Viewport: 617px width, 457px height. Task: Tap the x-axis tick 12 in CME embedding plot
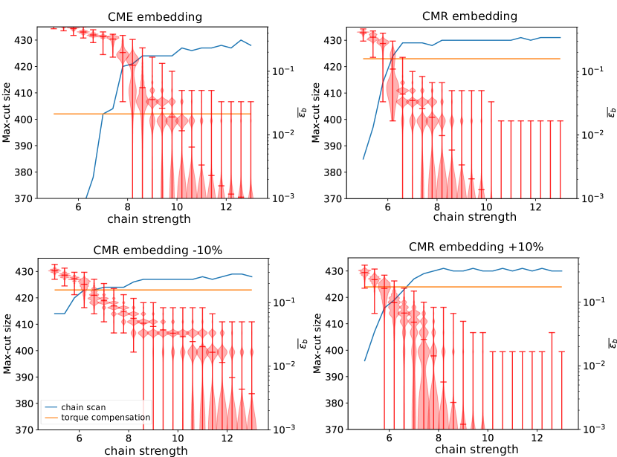pyautogui.click(x=226, y=208)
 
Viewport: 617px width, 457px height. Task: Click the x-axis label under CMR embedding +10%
pyautogui.click(x=476, y=449)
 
